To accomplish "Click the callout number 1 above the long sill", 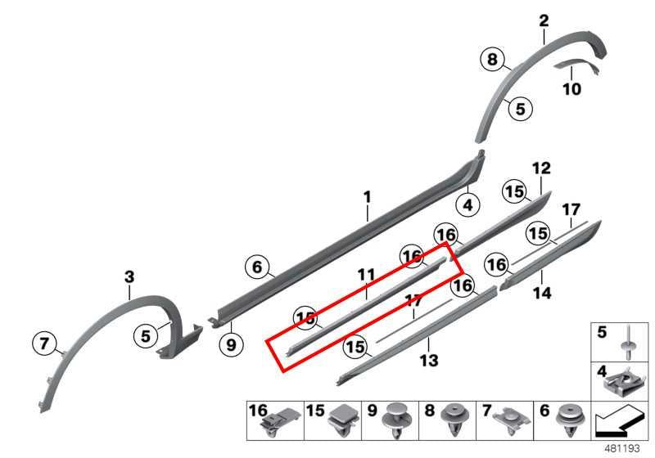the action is pyautogui.click(x=367, y=197).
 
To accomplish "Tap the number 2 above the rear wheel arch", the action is pyautogui.click(x=544, y=21).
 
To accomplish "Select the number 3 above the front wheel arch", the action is pyautogui.click(x=129, y=277).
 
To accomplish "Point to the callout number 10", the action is pyautogui.click(x=571, y=89).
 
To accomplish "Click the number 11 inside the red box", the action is pyautogui.click(x=366, y=275).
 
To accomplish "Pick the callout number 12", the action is pyautogui.click(x=541, y=168).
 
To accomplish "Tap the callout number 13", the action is pyautogui.click(x=429, y=361).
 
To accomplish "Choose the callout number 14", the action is pyautogui.click(x=542, y=294).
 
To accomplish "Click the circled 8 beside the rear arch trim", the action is pyautogui.click(x=493, y=59).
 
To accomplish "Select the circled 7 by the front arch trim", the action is pyautogui.click(x=44, y=343).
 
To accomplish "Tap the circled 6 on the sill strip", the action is pyautogui.click(x=257, y=267).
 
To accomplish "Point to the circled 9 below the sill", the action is pyautogui.click(x=231, y=344).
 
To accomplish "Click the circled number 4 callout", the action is pyautogui.click(x=468, y=204).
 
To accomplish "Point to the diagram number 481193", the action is pyautogui.click(x=622, y=449).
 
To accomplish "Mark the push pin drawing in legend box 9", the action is pyautogui.click(x=395, y=421).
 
